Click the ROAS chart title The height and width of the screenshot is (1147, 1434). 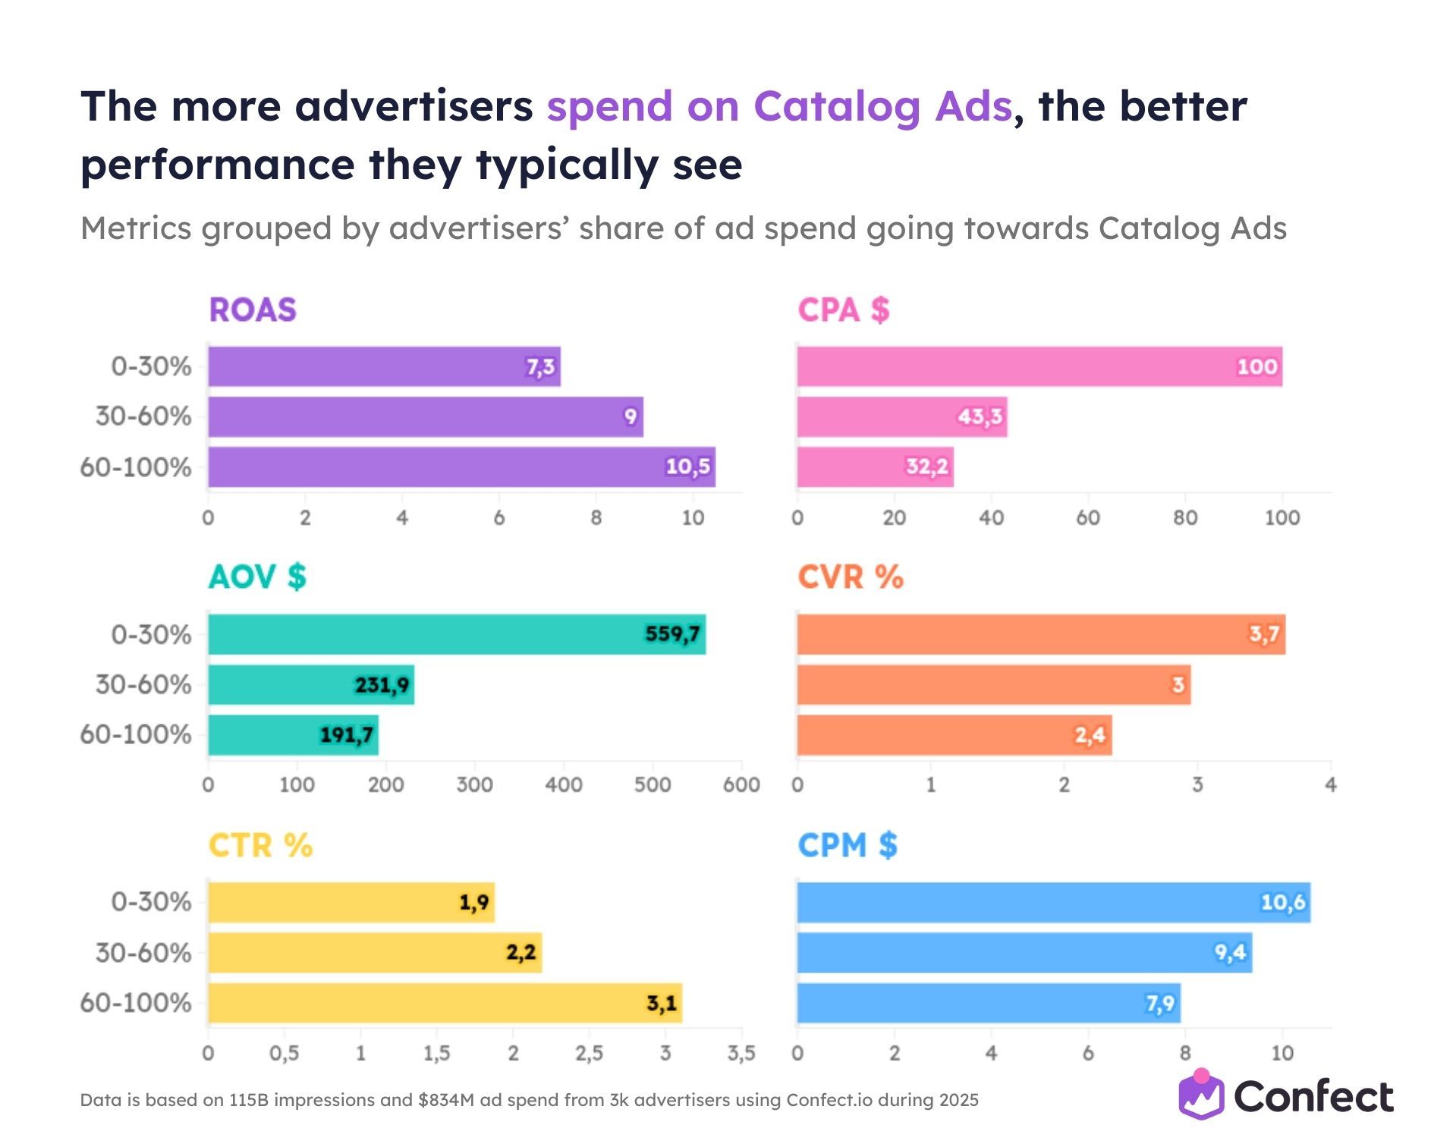tap(252, 310)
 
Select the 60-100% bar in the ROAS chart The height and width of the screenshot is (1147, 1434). tap(461, 467)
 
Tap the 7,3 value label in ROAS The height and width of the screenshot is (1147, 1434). tap(541, 367)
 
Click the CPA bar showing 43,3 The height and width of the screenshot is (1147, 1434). tap(901, 416)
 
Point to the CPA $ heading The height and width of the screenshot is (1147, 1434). tap(843, 310)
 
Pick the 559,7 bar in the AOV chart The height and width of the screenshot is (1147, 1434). tap(456, 634)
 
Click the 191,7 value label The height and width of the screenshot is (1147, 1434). tap(346, 734)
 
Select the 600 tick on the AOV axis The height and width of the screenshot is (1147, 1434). tap(741, 784)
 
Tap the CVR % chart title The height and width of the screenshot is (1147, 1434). tap(850, 577)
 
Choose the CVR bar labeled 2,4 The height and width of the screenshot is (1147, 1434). tap(954, 734)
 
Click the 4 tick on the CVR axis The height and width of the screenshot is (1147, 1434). tap(1330, 784)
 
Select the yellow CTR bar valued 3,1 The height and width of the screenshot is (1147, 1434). tap(445, 1003)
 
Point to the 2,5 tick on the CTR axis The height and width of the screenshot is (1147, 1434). tap(589, 1053)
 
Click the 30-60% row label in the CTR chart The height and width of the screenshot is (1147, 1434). tap(143, 952)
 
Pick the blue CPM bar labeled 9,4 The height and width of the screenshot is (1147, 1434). tap(1024, 952)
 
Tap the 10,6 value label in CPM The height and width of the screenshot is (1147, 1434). tap(1282, 902)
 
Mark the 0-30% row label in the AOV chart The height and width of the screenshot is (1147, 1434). tap(151, 634)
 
